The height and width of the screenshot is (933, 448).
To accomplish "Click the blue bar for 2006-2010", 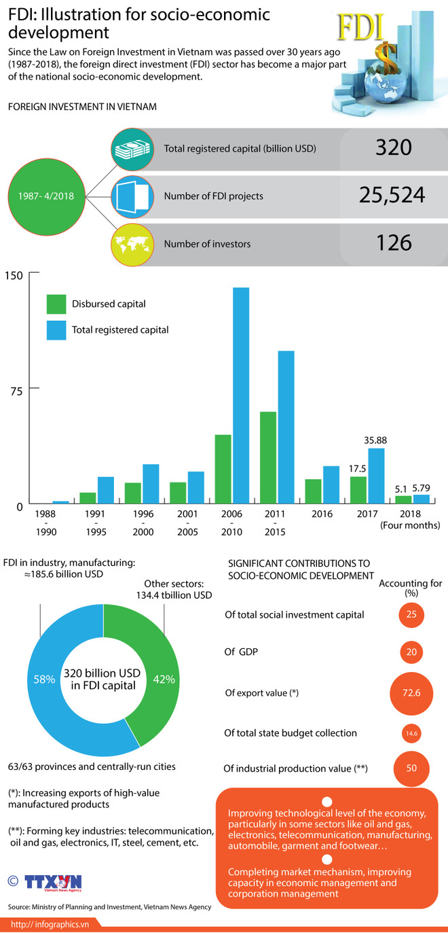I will [241, 396].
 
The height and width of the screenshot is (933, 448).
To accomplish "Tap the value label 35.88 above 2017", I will [376, 440].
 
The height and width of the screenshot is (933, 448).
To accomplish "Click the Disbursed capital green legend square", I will [56, 304].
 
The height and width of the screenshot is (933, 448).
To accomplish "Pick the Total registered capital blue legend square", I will [56, 330].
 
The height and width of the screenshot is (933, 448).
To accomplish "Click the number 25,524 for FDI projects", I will [392, 196].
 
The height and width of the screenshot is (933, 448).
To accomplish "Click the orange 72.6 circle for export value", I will [411, 693].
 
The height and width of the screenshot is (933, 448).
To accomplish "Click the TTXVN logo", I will [53, 883].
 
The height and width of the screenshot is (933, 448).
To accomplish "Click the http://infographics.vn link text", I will [51, 924].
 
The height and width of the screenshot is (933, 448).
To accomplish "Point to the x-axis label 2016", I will [322, 515].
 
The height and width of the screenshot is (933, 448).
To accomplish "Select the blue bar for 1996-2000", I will [151, 485].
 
